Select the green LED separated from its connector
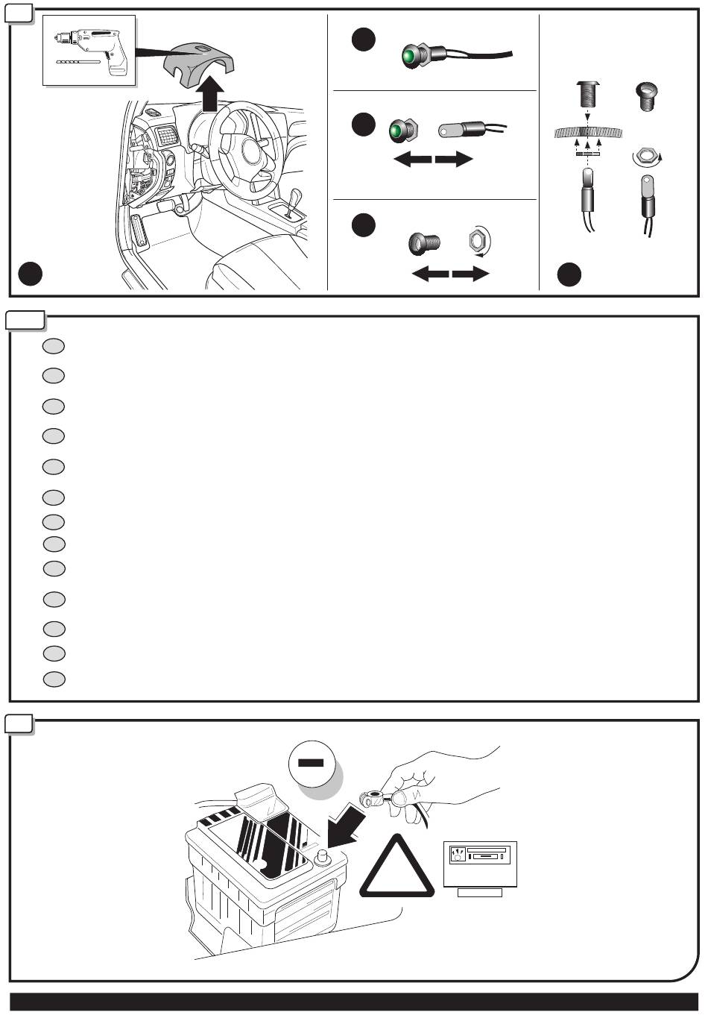click(x=402, y=131)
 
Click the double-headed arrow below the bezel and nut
click(x=450, y=275)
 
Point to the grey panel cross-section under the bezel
click(x=588, y=133)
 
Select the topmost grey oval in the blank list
click(x=53, y=346)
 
